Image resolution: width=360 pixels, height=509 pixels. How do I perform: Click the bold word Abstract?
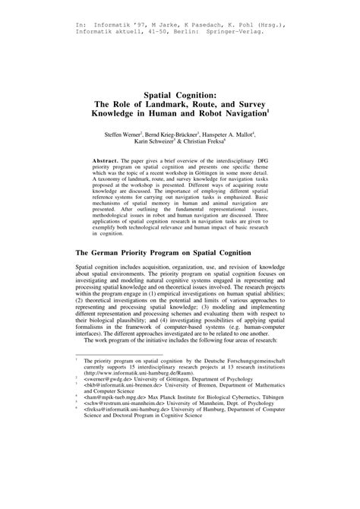[106, 162]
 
